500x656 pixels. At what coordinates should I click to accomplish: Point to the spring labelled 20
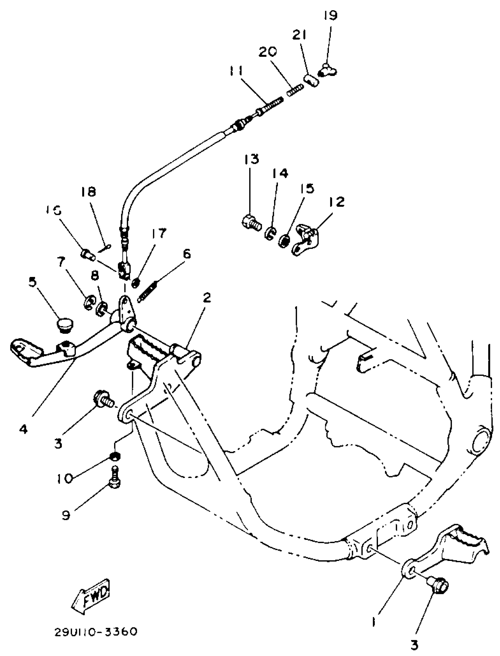click(295, 90)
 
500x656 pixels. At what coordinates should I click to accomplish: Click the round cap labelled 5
click(65, 325)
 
